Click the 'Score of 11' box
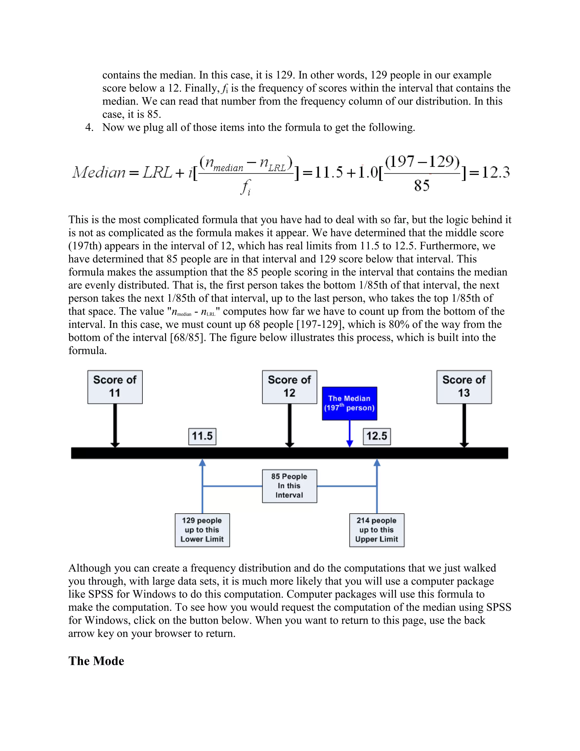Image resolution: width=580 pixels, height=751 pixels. pyautogui.click(x=115, y=387)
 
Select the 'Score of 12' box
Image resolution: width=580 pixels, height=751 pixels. pyautogui.click(x=289, y=387)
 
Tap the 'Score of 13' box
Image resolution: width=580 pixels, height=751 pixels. pyautogui.click(x=464, y=387)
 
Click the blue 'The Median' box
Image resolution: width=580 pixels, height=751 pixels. pyautogui.click(x=349, y=403)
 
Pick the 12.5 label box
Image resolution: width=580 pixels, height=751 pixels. pyautogui.click(x=377, y=436)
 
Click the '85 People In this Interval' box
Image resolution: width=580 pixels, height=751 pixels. pyautogui.click(x=289, y=486)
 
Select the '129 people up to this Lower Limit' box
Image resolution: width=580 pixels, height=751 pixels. pyautogui.click(x=202, y=530)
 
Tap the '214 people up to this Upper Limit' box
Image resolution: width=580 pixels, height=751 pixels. pyautogui.click(x=377, y=530)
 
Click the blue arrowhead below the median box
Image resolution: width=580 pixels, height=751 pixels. pyautogui.click(x=350, y=444)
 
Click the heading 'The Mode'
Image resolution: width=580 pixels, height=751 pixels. pyautogui.click(x=96, y=661)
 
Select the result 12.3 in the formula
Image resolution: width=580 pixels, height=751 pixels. pyautogui.click(x=496, y=172)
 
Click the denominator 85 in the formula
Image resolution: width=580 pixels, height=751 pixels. pyautogui.click(x=422, y=186)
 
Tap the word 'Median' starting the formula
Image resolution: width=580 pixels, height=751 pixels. pyautogui.click(x=99, y=172)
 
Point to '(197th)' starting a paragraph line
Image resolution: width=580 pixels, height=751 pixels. pyautogui.click(x=85, y=246)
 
